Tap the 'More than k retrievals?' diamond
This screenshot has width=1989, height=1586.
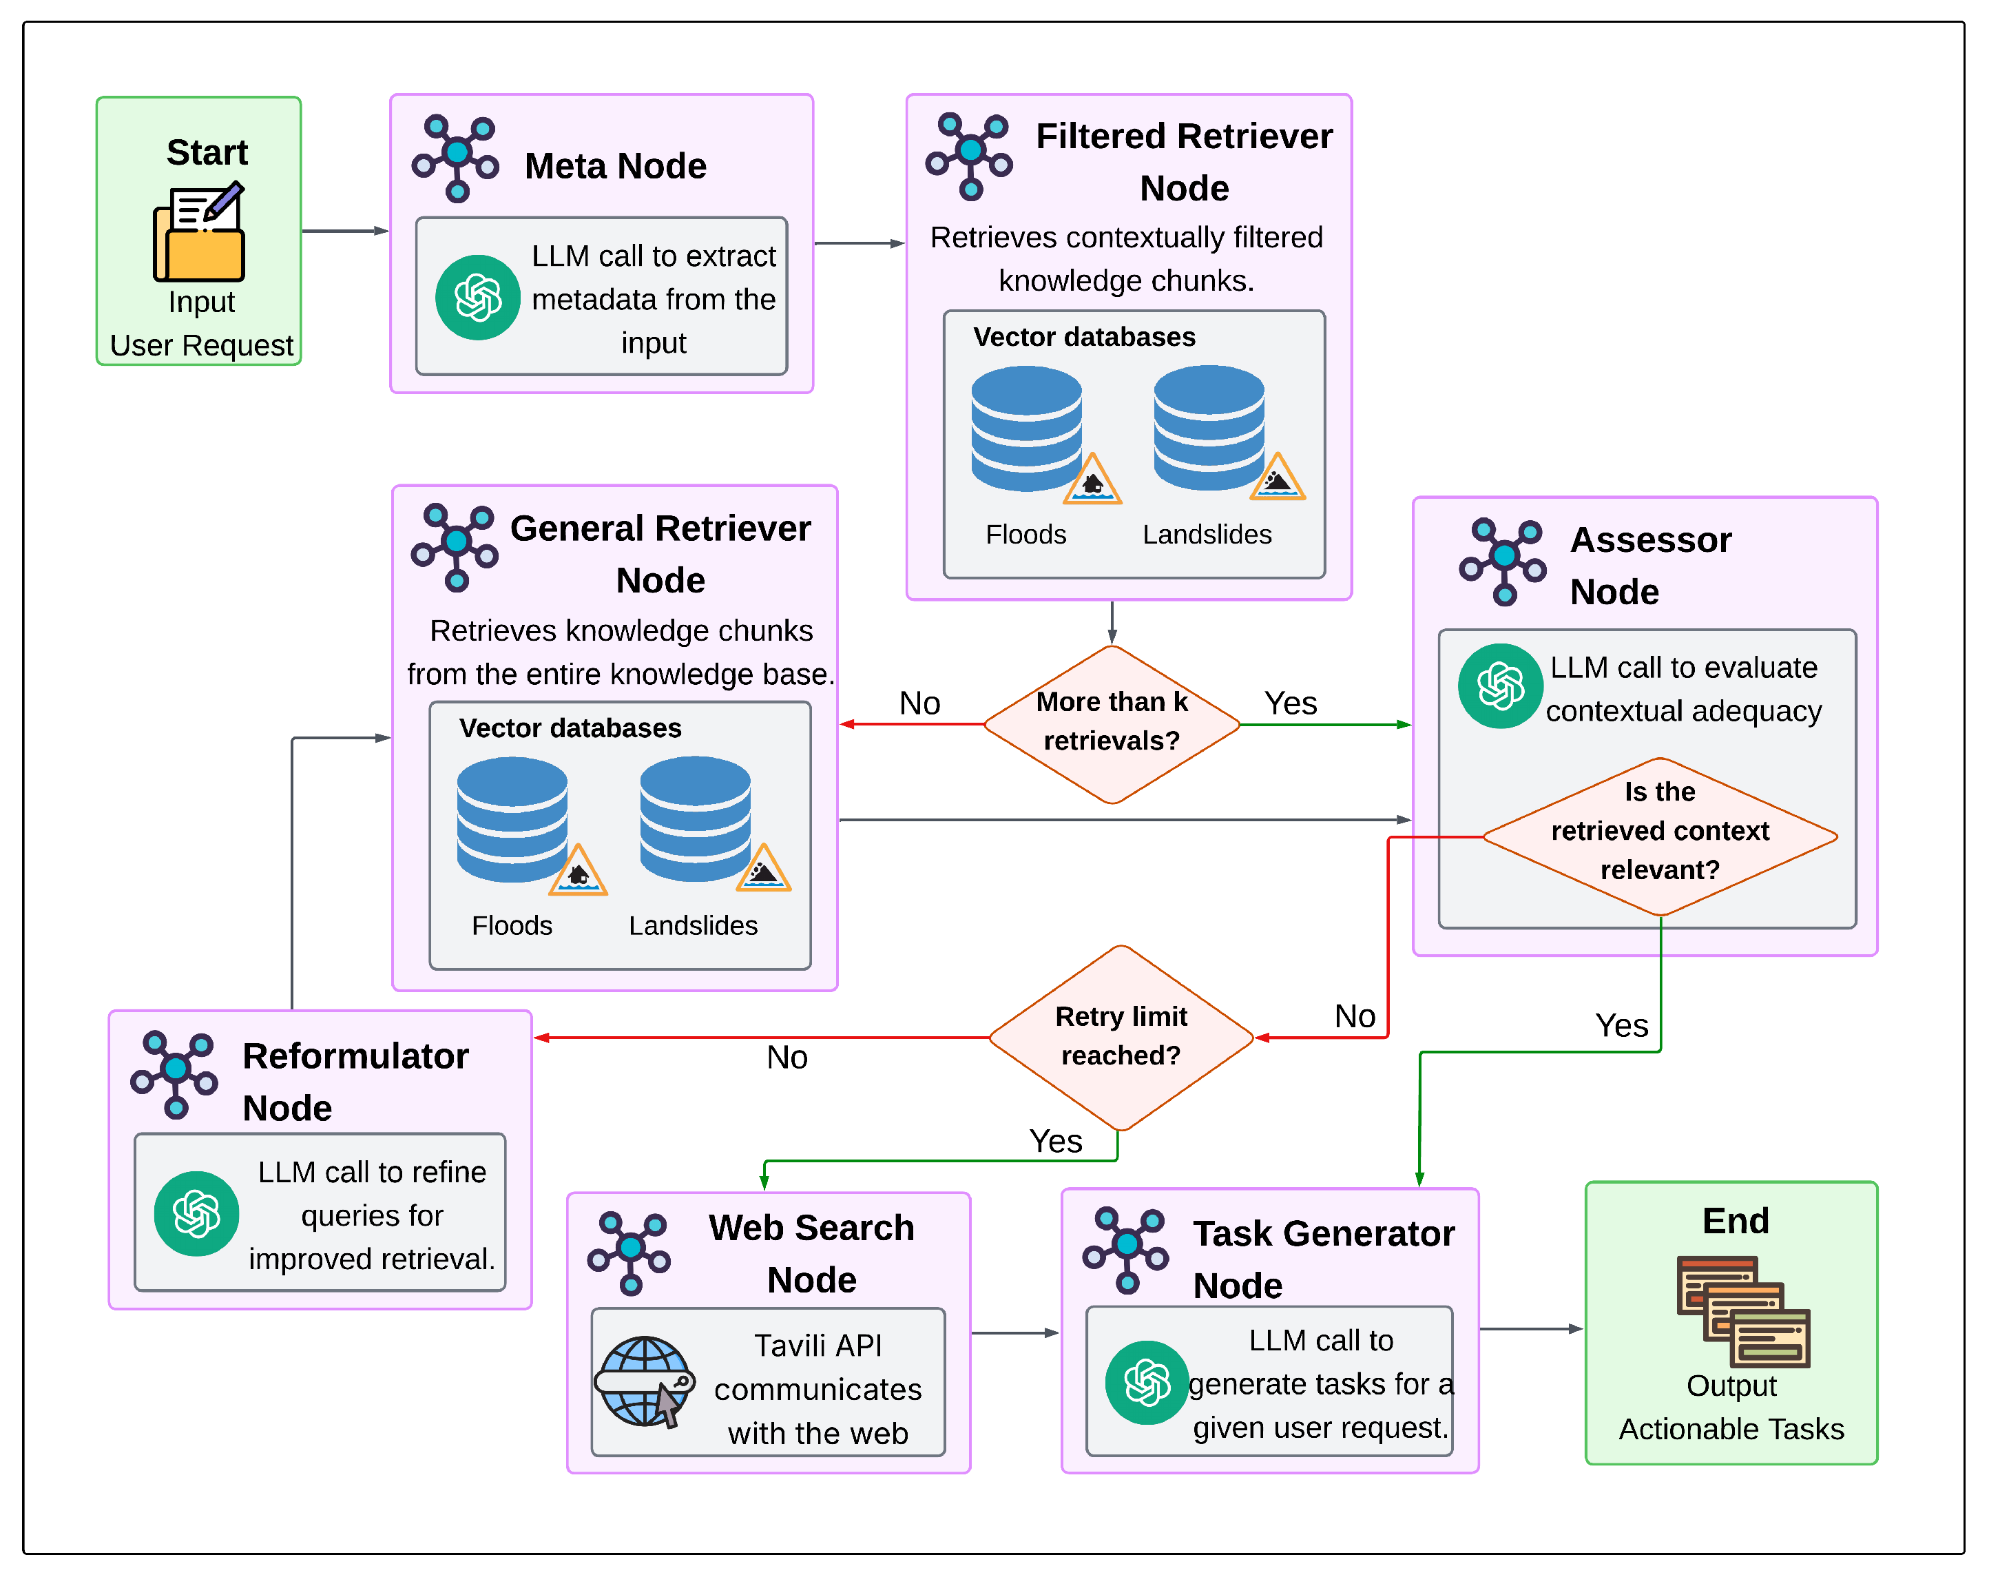coord(1112,723)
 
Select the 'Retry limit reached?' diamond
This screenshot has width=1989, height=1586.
coord(1121,1037)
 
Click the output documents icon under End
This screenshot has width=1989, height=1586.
coord(1742,1311)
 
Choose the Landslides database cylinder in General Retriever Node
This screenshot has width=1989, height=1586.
coord(696,818)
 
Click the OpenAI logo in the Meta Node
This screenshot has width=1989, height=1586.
coord(478,297)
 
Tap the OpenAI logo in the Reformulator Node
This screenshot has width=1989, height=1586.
coord(196,1213)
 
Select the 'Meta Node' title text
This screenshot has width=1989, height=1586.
coord(615,166)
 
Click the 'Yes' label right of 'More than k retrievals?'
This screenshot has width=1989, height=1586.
coord(1291,703)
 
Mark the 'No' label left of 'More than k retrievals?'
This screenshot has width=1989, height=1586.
coord(919,703)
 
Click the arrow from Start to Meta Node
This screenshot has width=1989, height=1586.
coord(345,231)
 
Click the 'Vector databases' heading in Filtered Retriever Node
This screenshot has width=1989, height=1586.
coord(1084,337)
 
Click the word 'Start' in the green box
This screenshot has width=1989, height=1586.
coord(207,152)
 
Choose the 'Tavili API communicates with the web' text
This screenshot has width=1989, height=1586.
coord(818,1388)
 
